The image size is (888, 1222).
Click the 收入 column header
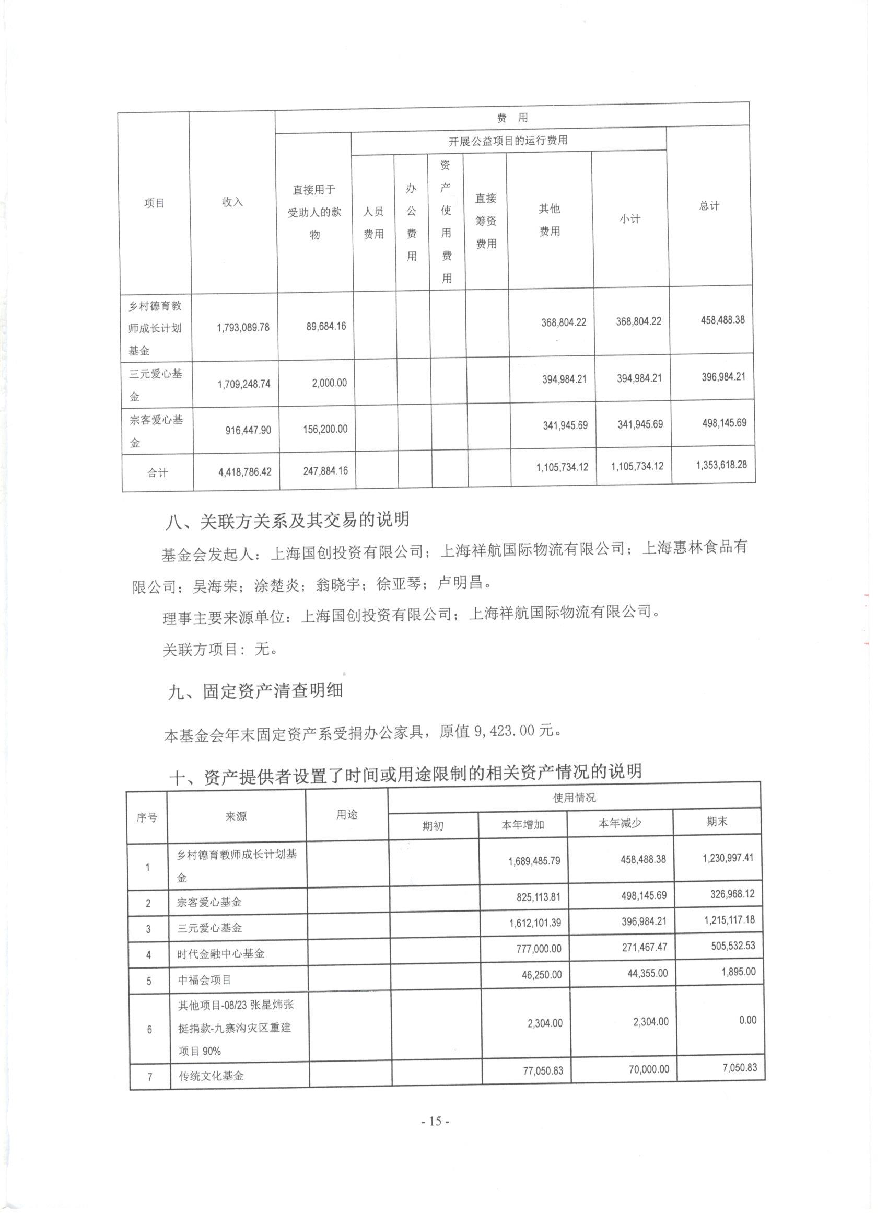pyautogui.click(x=232, y=202)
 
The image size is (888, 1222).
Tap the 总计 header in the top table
pyautogui.click(x=709, y=206)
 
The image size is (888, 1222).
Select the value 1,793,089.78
pyautogui.click(x=243, y=328)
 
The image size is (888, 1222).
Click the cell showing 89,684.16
pyautogui.click(x=326, y=327)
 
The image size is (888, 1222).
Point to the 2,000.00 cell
pyautogui.click(x=330, y=383)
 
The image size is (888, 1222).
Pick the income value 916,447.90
pyautogui.click(x=246, y=430)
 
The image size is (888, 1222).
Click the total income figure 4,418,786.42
pyautogui.click(x=245, y=472)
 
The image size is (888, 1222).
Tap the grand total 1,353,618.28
pyautogui.click(x=721, y=465)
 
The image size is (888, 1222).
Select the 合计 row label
pyautogui.click(x=157, y=473)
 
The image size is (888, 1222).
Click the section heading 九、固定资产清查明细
pyautogui.click(x=255, y=691)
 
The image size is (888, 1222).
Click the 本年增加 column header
pyautogui.click(x=522, y=825)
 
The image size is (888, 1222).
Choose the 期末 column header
pyautogui.click(x=717, y=822)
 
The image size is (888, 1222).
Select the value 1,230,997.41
pyautogui.click(x=728, y=858)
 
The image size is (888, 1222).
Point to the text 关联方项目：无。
pyautogui.click(x=221, y=650)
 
